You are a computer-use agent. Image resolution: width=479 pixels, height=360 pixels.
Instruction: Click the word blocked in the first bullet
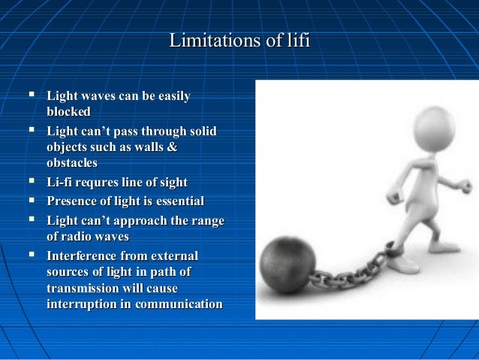pos(68,112)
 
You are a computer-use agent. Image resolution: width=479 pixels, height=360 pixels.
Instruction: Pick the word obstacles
pos(72,163)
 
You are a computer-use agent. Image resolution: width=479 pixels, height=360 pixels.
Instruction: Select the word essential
pos(179,201)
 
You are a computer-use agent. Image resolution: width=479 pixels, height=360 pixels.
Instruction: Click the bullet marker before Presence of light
pos(32,200)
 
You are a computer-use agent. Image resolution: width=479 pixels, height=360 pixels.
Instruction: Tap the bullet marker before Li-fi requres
pos(32,182)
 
